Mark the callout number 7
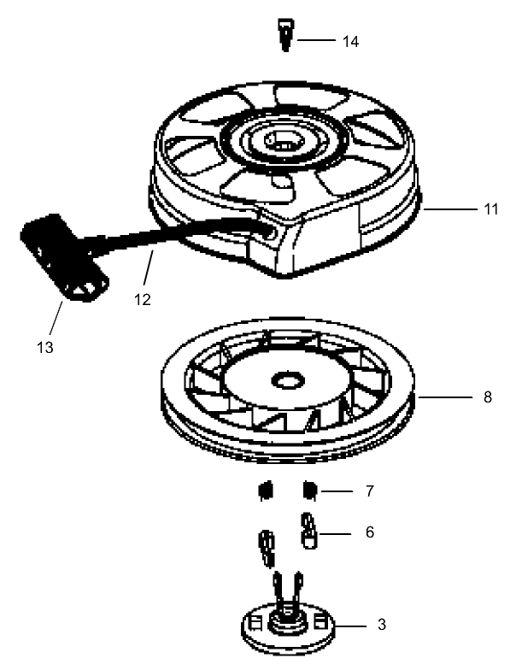tap(368, 492)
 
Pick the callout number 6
tap(368, 532)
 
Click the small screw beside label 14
tap(284, 36)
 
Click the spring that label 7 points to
tap(311, 491)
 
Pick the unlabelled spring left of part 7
tap(265, 491)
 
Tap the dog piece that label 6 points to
tap(308, 531)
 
